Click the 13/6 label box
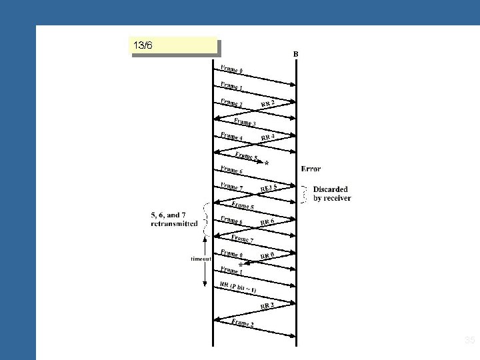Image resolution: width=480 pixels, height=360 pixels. click(174, 46)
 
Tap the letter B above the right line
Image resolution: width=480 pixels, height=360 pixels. click(296, 53)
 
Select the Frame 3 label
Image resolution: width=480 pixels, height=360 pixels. click(244, 121)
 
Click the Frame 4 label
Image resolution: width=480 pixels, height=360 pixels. click(231, 137)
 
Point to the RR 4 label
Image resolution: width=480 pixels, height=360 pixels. click(269, 137)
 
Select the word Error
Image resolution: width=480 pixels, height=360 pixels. click(311, 168)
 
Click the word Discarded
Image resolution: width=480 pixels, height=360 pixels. click(330, 189)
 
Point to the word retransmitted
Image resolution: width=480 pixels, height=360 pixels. click(174, 224)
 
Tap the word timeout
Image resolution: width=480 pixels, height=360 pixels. click(201, 259)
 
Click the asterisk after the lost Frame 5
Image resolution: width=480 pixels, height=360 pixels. click(267, 163)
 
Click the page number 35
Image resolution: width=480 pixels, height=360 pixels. click(468, 341)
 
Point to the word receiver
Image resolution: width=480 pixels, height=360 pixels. click(338, 198)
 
